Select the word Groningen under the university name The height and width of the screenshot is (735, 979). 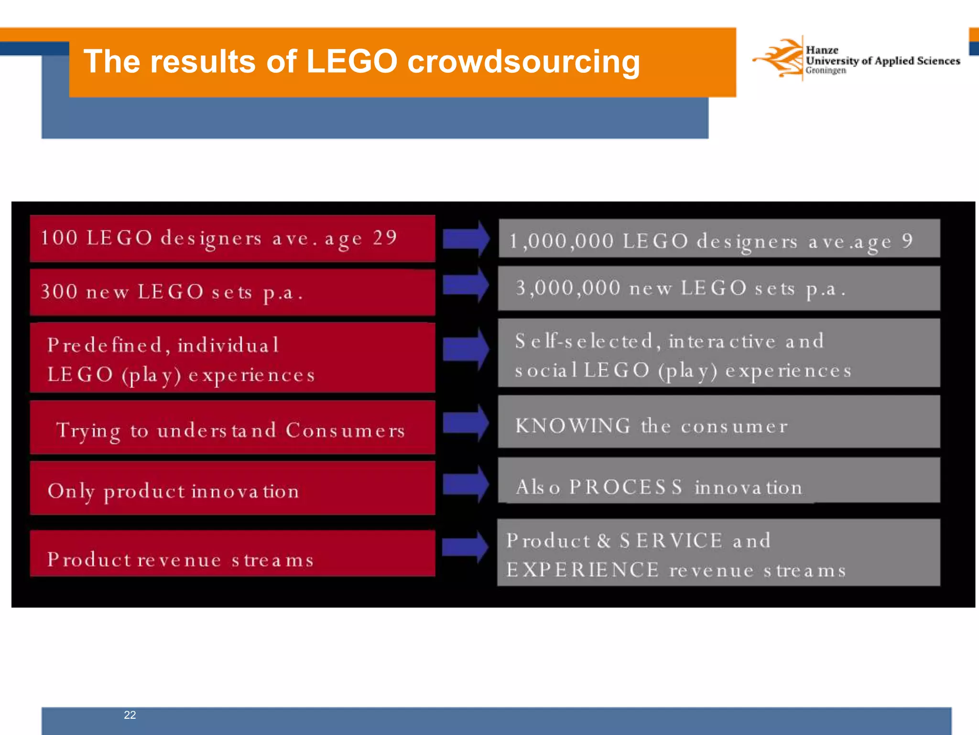click(826, 71)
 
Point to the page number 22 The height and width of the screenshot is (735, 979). click(130, 715)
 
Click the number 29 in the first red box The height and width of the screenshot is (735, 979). click(385, 238)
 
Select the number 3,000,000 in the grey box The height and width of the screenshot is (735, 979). click(568, 288)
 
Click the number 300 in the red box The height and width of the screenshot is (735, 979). click(59, 291)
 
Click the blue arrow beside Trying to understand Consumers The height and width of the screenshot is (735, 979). click(466, 423)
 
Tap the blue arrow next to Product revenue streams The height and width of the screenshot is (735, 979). click(465, 546)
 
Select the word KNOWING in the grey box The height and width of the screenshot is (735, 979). click(573, 425)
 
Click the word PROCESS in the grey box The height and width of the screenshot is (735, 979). click(626, 487)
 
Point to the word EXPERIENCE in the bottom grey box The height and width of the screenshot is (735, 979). click(582, 570)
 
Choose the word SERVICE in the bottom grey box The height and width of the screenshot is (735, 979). click(671, 541)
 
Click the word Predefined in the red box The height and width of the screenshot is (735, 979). click(105, 345)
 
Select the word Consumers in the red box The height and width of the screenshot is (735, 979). click(345, 430)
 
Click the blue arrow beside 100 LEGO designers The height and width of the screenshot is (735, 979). click(466, 238)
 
